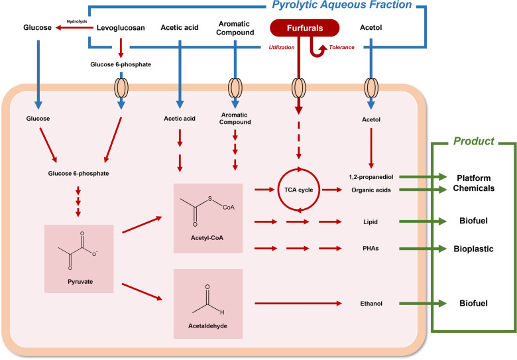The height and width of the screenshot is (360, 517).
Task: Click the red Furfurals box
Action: pyautogui.click(x=304, y=28)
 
